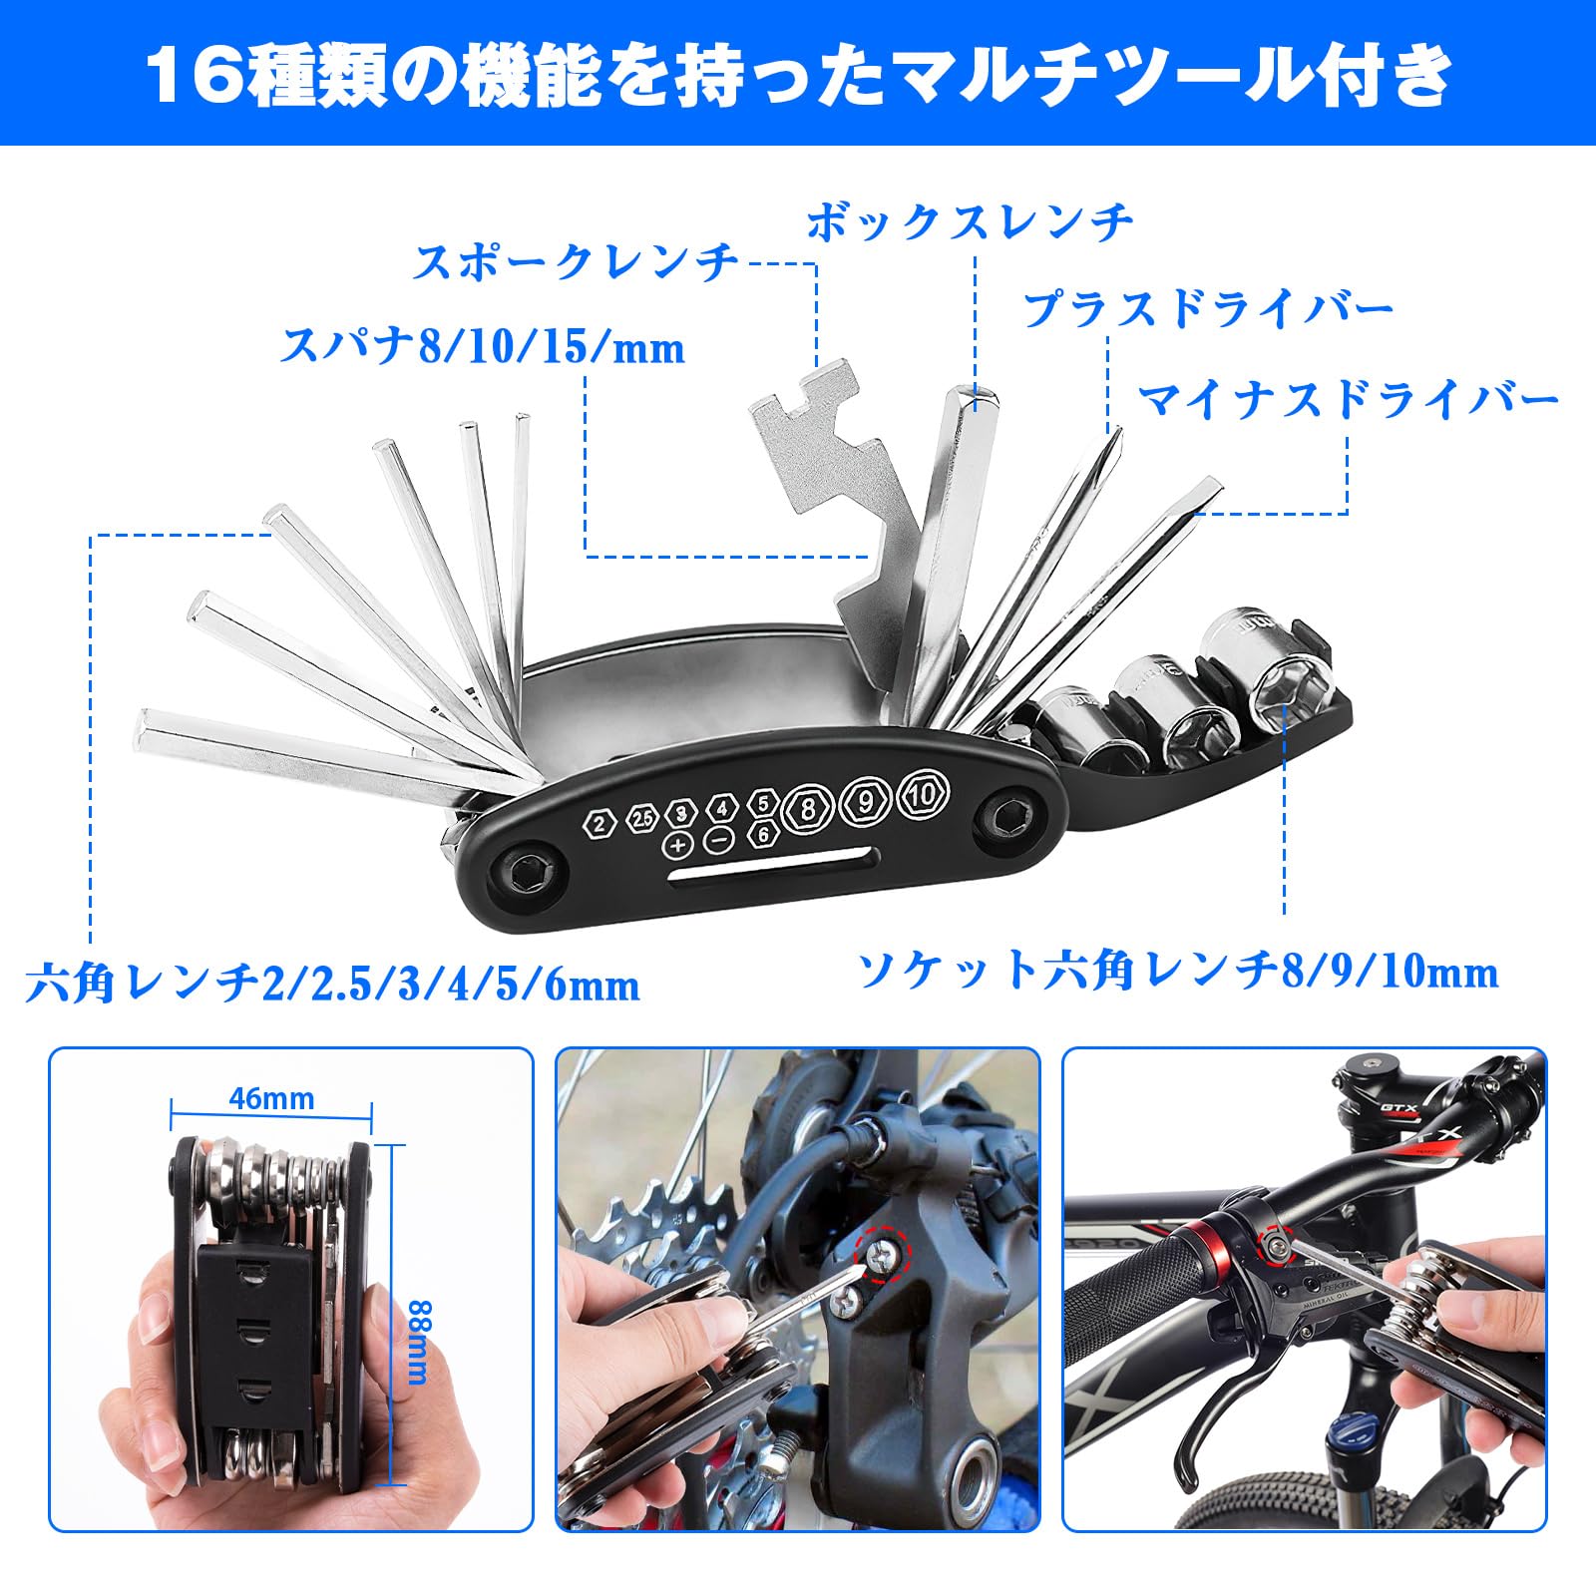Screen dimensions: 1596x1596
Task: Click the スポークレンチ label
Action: pyautogui.click(x=576, y=262)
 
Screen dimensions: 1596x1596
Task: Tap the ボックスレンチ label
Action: pyautogui.click(x=970, y=221)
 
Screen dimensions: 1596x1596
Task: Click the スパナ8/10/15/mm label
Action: pyautogui.click(x=483, y=347)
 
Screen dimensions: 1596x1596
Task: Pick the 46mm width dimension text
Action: pyautogui.click(x=271, y=1098)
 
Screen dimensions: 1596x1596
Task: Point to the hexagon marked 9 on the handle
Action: pyautogui.click(x=866, y=801)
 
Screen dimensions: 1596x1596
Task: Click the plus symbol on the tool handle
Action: pyautogui.click(x=678, y=845)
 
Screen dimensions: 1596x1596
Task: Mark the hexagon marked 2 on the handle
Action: pyautogui.click(x=598, y=824)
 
